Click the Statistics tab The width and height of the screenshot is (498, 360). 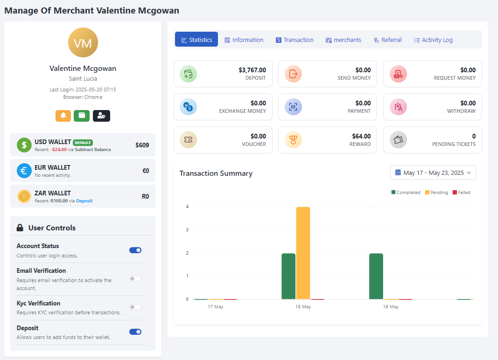tap(196, 40)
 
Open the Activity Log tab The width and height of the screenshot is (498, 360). tap(433, 40)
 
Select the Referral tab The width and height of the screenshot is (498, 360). tap(387, 40)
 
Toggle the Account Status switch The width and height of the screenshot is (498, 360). tap(135, 250)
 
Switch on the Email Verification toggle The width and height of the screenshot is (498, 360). tap(135, 278)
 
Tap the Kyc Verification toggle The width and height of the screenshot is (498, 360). tap(135, 307)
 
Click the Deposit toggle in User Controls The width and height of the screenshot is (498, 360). tap(135, 332)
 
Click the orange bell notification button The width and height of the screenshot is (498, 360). tap(63, 116)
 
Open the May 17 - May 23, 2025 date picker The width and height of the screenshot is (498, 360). tap(433, 173)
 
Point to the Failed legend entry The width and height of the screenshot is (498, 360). tap(461, 193)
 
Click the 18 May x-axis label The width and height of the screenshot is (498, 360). tap(303, 307)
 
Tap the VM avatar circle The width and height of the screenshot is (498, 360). tap(83, 43)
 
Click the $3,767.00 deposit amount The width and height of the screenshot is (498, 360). tap(252, 70)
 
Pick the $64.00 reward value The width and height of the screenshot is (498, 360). tap(361, 136)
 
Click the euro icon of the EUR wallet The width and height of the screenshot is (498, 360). tap(24, 171)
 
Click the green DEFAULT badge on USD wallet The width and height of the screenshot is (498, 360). tap(83, 142)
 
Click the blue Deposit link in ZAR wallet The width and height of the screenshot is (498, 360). tap(84, 201)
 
